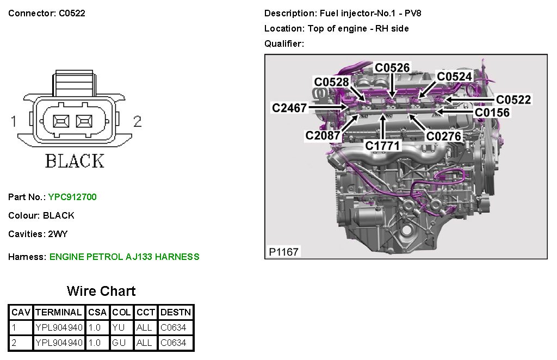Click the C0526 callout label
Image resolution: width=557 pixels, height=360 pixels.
click(x=392, y=67)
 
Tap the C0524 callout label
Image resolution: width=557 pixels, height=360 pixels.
click(x=455, y=77)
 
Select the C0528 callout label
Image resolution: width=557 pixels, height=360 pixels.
click(x=331, y=82)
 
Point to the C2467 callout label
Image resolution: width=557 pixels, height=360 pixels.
click(x=289, y=108)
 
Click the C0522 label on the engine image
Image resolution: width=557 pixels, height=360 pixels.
click(x=513, y=100)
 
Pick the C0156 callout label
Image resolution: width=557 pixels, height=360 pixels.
click(x=492, y=113)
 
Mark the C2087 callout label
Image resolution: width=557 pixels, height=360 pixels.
click(x=323, y=135)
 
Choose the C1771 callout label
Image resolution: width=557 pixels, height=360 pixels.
click(x=382, y=146)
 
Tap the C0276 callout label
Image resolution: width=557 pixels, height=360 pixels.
click(x=444, y=135)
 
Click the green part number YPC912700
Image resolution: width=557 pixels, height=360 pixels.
click(x=72, y=197)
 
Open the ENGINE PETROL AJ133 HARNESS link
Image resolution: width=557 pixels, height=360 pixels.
click(x=125, y=257)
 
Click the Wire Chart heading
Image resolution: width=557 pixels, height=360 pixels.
click(x=101, y=291)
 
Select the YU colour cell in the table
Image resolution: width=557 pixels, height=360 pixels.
click(x=118, y=327)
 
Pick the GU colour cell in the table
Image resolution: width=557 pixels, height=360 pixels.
click(x=118, y=343)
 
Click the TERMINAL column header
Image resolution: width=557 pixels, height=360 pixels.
click(x=58, y=313)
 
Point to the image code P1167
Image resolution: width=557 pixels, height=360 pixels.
click(x=284, y=252)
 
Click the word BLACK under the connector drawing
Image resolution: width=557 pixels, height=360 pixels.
click(x=75, y=161)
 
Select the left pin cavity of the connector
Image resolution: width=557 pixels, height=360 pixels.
click(x=61, y=120)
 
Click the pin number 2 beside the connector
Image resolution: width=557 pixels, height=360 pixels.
click(x=137, y=121)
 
